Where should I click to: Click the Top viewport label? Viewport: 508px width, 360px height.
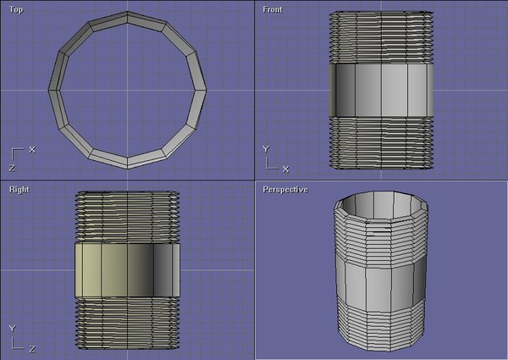[x=16, y=9]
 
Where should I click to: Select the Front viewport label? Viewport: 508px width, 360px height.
[x=273, y=9]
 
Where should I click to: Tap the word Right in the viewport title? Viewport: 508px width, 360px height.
[x=19, y=190]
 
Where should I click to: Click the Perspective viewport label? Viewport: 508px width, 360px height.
[x=284, y=190]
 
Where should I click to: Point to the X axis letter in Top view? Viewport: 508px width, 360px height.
[x=32, y=149]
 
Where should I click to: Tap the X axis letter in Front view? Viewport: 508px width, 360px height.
[x=286, y=169]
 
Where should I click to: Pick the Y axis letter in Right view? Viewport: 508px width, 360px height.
[x=12, y=327]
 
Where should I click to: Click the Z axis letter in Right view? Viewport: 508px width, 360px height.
[x=31, y=347]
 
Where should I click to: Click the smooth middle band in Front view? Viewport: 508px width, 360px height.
[x=381, y=88]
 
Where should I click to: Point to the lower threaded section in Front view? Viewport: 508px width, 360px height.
[x=381, y=141]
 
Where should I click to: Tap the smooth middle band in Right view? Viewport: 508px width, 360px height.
[x=127, y=270]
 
